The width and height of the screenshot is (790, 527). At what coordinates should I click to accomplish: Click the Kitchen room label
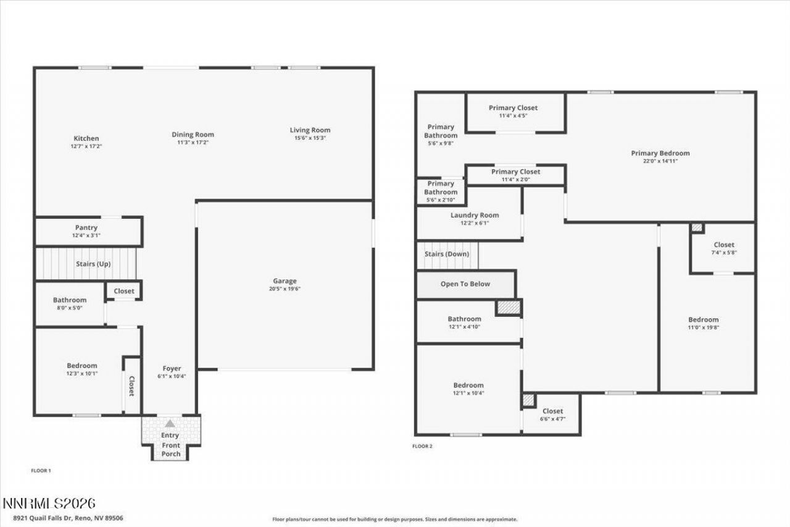point(86,138)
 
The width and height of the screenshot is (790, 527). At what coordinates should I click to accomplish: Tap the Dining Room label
point(193,135)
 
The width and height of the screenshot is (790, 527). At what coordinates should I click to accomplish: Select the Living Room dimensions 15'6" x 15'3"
point(310,138)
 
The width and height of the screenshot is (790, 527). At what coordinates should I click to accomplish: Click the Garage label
point(285,281)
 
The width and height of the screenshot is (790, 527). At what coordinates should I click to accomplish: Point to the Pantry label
point(86,228)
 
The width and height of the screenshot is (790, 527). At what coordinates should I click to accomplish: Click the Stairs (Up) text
point(93,264)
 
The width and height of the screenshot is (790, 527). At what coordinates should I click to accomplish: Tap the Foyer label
point(171,369)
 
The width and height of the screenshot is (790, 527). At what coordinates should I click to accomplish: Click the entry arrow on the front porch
point(170,423)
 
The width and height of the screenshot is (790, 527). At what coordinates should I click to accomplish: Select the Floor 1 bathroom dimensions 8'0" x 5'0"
point(69,308)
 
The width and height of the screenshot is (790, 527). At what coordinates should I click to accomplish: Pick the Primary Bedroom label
point(660,153)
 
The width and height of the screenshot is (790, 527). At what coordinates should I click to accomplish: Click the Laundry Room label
point(475,216)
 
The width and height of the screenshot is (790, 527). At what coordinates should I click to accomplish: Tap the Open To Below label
point(465,284)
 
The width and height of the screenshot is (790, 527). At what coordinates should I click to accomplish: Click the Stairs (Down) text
point(447,254)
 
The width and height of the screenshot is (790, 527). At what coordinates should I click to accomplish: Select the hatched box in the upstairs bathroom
point(509,307)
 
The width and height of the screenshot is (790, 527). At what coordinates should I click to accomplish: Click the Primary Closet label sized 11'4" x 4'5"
point(513,108)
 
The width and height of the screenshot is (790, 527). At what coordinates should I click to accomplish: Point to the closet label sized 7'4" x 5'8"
point(723,245)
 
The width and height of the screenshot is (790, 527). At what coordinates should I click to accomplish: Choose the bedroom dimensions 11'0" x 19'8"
point(703,327)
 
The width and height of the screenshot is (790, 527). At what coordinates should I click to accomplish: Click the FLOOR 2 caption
point(422,445)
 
